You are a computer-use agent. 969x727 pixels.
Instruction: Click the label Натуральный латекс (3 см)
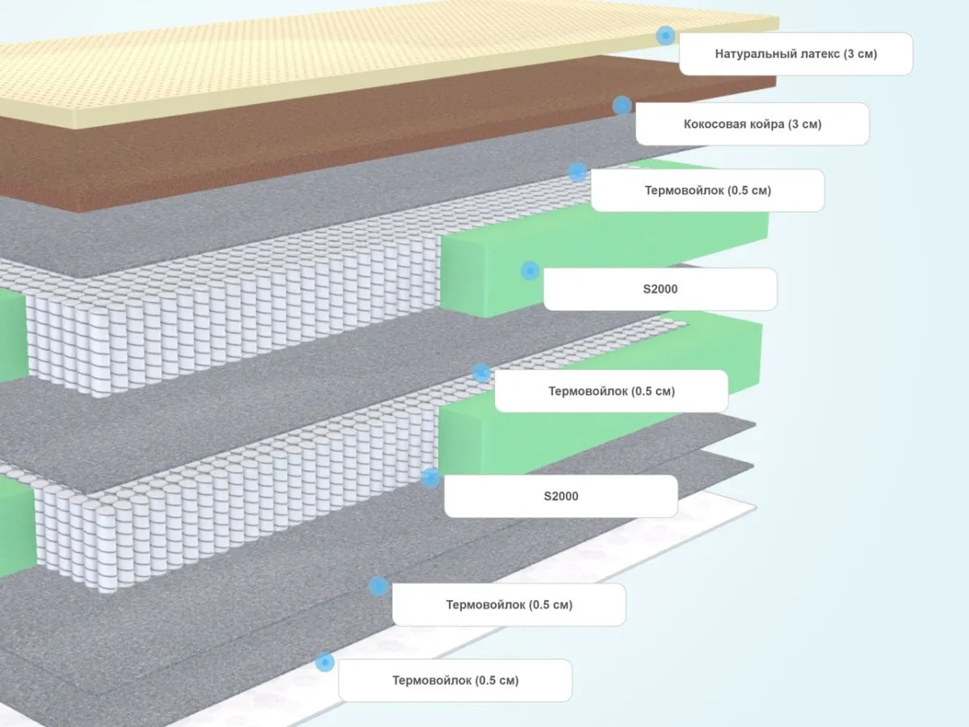(x=795, y=54)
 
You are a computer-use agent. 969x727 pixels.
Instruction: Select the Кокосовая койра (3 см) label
(x=752, y=124)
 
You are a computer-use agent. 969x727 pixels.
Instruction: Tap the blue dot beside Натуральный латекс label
(x=665, y=35)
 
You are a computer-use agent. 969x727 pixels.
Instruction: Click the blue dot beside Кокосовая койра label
(x=622, y=105)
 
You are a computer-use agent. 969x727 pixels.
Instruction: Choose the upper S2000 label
(x=660, y=289)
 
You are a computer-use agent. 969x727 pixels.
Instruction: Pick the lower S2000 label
(x=560, y=496)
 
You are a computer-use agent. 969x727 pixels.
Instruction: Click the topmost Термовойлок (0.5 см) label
(x=707, y=191)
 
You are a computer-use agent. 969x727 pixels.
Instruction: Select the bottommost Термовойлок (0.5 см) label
(x=455, y=680)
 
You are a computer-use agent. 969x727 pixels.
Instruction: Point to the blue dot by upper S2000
(x=530, y=271)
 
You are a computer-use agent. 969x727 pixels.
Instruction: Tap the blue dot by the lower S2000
(x=430, y=477)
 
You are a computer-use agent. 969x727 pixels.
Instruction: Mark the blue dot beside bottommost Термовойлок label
(x=325, y=662)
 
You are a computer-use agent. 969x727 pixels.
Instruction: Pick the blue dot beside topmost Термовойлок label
(x=577, y=172)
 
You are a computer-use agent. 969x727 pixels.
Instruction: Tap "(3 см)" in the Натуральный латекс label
(x=859, y=54)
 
